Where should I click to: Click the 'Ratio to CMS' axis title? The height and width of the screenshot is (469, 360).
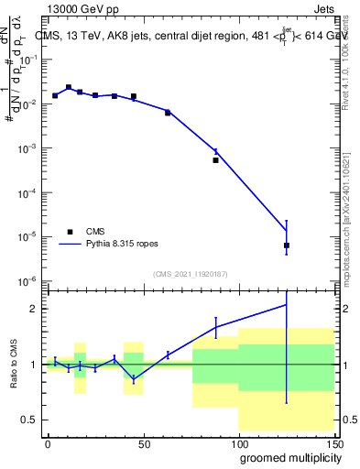[x=12, y=365]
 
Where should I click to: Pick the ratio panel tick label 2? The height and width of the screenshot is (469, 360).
[x=32, y=309]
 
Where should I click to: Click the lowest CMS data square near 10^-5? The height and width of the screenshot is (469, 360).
[x=287, y=245]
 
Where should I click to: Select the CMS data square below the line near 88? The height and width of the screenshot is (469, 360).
[x=216, y=160]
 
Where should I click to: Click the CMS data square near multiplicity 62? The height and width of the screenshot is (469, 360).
[x=168, y=113]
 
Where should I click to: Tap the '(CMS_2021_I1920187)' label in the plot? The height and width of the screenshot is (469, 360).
[x=190, y=273]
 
